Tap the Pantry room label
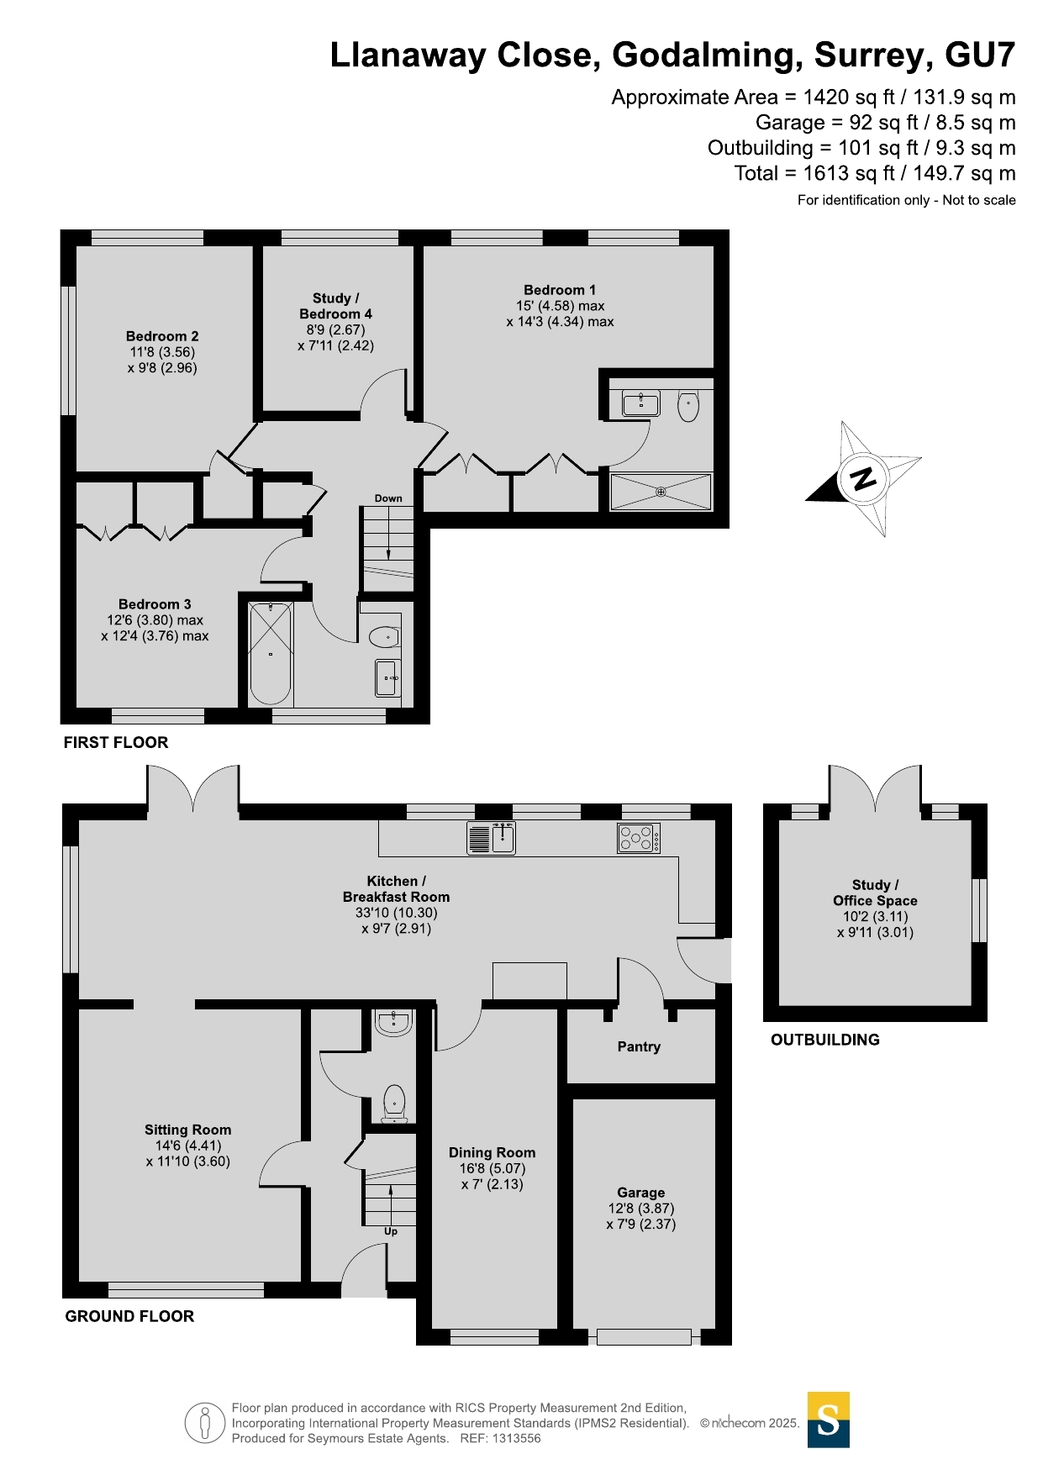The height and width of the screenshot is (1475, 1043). [639, 1046]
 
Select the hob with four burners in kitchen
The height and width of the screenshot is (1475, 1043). [639, 838]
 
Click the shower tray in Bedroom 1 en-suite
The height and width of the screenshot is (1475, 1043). [661, 492]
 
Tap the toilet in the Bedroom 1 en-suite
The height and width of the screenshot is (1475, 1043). [688, 405]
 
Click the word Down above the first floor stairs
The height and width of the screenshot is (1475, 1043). [388, 498]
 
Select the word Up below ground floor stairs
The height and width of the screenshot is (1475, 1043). [391, 1231]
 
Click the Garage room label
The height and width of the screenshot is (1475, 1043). [640, 1193]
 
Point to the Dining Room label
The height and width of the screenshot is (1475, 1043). [492, 1152]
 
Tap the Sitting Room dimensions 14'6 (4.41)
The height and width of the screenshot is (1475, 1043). [187, 1146]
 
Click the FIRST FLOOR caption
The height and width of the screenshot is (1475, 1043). [116, 742]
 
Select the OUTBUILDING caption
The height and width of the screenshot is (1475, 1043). [825, 1040]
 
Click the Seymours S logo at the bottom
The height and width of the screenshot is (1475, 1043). [829, 1420]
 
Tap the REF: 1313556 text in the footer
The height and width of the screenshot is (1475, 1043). [500, 1438]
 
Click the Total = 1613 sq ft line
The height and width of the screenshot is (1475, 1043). [874, 173]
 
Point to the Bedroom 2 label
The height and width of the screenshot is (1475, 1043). [162, 336]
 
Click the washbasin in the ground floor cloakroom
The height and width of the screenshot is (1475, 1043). [393, 1022]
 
